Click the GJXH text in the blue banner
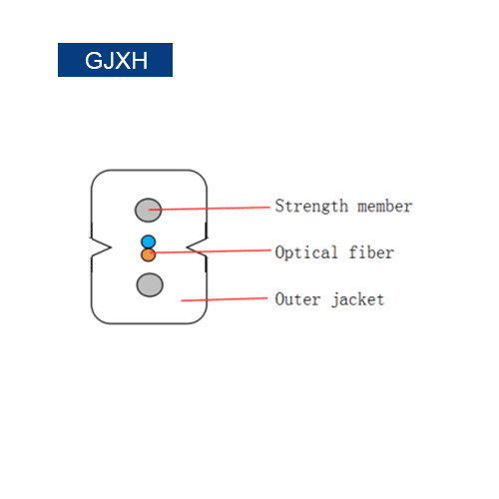116,61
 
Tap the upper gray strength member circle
149,210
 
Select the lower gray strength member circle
150,284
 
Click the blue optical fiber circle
149,242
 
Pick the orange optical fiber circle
148,254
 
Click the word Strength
311,207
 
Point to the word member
385,207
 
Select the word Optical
306,252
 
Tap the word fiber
371,251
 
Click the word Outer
297,299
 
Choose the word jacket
358,299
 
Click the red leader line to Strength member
210,209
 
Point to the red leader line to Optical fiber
211,251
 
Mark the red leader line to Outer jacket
225,299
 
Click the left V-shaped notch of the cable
101,248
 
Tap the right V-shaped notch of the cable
197,248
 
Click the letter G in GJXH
94,61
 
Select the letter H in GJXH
140,61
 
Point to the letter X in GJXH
123,61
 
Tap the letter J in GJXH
109,61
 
